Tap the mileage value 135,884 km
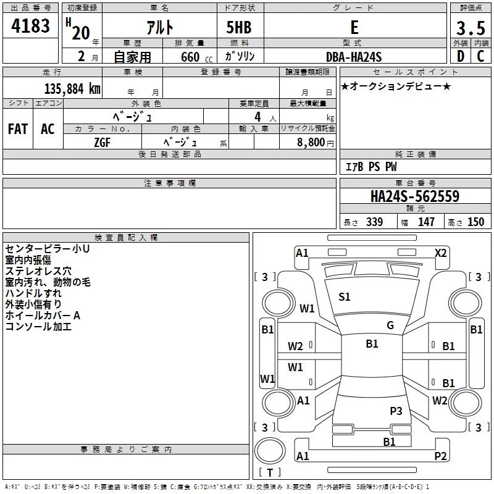click(x=72, y=88)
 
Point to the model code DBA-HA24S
click(x=354, y=57)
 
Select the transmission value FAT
click(x=17, y=128)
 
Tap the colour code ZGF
click(x=103, y=141)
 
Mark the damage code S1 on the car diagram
click(x=345, y=297)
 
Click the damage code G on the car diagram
click(x=390, y=325)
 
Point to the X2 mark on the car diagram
click(x=440, y=253)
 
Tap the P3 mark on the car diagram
click(x=396, y=411)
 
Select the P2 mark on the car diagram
click(x=440, y=456)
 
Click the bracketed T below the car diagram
click(x=270, y=472)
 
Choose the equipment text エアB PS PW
click(x=371, y=167)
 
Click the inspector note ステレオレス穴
click(x=38, y=270)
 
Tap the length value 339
click(x=374, y=222)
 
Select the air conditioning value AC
click(x=48, y=128)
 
